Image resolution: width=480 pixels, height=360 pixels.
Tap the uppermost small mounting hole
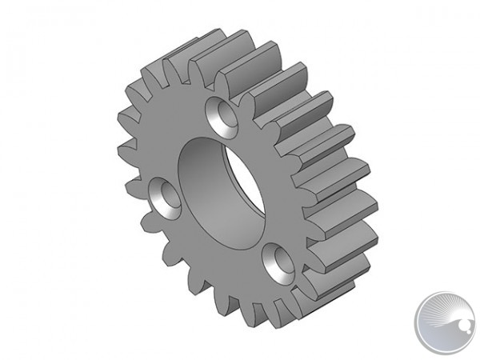[x=222, y=116]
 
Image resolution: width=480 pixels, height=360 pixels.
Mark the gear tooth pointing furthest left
[x=125, y=149]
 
